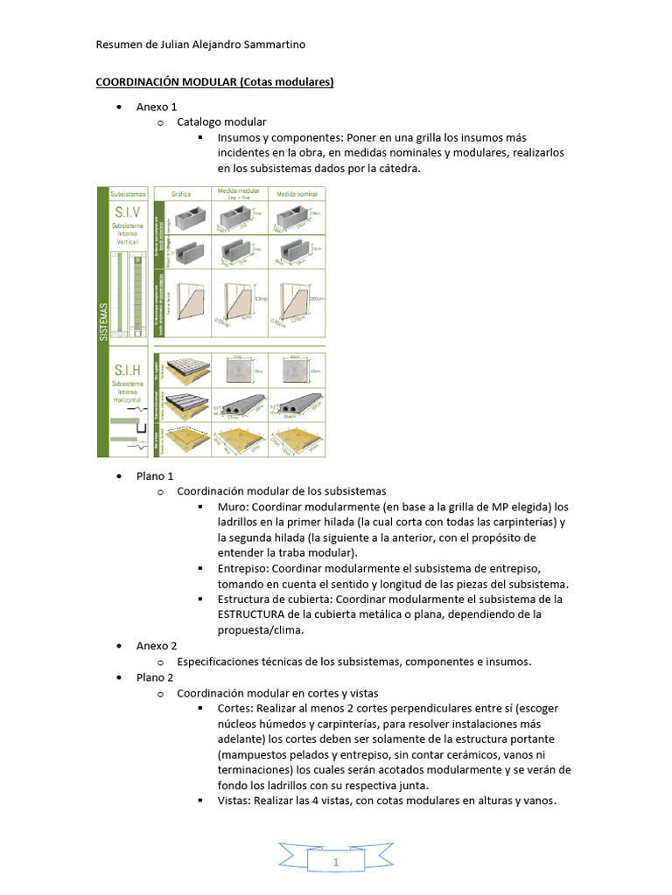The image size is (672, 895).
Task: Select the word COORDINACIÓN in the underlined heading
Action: [136, 82]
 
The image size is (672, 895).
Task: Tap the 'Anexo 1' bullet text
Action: [157, 107]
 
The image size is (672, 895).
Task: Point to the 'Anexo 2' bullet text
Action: [157, 645]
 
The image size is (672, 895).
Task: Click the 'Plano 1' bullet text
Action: [155, 475]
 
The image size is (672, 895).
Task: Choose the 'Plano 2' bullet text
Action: [155, 676]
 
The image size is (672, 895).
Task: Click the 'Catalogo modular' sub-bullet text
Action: [221, 122]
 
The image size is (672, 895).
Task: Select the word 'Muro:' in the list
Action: [235, 507]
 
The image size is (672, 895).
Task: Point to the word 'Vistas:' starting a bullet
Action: [238, 801]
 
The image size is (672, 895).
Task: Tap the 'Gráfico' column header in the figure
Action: [181, 193]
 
